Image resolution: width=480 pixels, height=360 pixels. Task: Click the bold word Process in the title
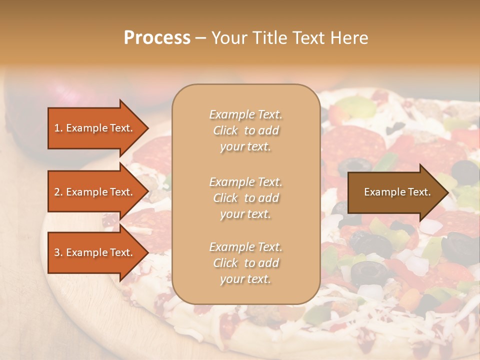point(157,37)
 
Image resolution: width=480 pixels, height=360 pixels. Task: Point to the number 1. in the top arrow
point(58,128)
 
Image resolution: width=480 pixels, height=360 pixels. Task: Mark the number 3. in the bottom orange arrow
point(58,252)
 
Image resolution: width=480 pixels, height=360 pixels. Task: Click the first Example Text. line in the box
point(245,114)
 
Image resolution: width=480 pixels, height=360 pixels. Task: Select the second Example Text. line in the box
point(245,181)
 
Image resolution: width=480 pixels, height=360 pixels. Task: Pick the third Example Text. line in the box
point(245,247)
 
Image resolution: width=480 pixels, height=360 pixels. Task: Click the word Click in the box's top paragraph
point(225,130)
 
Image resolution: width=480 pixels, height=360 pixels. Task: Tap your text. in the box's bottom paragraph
point(245,279)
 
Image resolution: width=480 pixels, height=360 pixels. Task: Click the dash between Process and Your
point(201,38)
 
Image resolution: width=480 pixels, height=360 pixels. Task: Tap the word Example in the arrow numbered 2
point(87,192)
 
